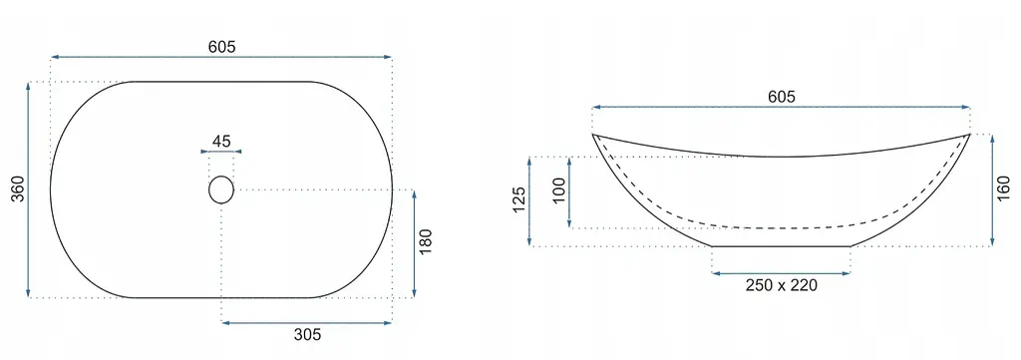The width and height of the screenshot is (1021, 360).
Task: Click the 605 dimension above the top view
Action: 222,47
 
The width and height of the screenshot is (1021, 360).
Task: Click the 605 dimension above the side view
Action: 782,97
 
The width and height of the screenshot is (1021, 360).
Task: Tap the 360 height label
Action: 18,188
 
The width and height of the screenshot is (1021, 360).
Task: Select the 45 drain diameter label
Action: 221,142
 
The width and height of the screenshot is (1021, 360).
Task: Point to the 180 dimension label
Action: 425,242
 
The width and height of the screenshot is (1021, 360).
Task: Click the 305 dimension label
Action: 307,335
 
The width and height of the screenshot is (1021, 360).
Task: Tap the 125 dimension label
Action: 518,200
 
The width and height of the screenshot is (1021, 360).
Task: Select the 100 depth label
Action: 559,190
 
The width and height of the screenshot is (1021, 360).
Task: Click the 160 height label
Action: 1004,189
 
